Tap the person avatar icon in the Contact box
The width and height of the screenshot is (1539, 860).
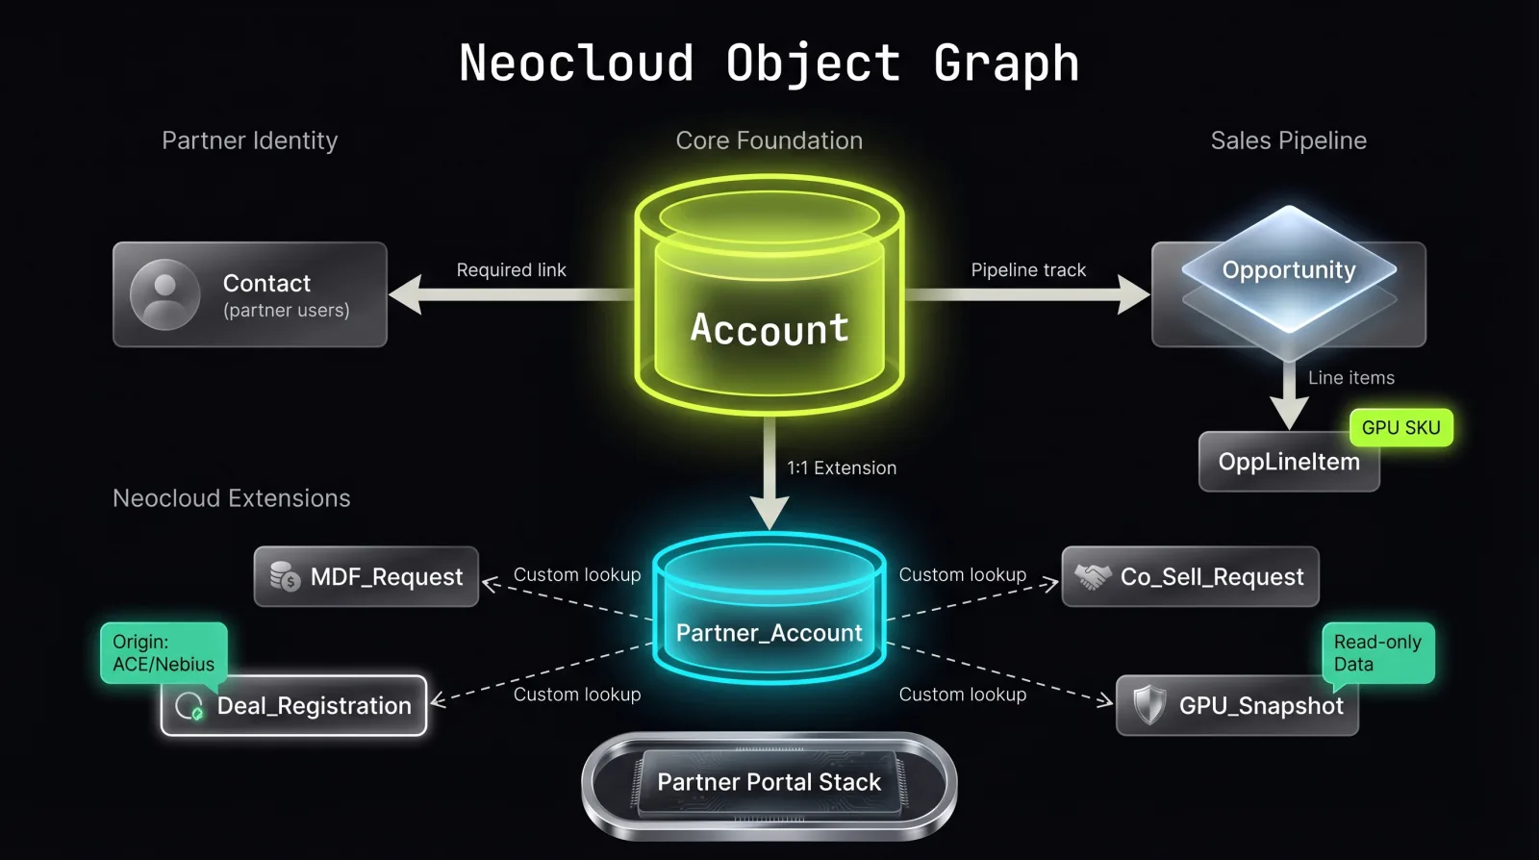(165, 294)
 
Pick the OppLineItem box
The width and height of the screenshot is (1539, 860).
(1289, 463)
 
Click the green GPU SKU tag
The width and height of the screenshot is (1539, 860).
(1400, 428)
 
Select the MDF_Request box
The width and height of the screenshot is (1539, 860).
(366, 577)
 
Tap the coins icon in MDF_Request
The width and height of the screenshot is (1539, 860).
(285, 577)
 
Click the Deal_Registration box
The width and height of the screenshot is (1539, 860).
(294, 706)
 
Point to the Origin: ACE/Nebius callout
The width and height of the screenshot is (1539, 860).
(164, 653)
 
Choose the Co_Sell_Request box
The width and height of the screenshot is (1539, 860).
(1190, 577)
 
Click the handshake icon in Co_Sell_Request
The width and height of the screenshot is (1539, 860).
(1092, 577)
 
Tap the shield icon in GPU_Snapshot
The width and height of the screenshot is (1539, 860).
(1148, 705)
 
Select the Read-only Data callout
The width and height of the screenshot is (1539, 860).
(1377, 653)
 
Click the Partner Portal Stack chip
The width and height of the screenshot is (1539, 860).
(769, 783)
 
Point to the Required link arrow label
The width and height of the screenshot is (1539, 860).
(511, 270)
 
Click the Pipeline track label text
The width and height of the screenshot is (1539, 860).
(1028, 270)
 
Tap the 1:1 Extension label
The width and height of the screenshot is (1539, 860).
(842, 468)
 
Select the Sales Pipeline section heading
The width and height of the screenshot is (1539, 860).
(1288, 140)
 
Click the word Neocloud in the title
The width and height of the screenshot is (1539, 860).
(576, 63)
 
